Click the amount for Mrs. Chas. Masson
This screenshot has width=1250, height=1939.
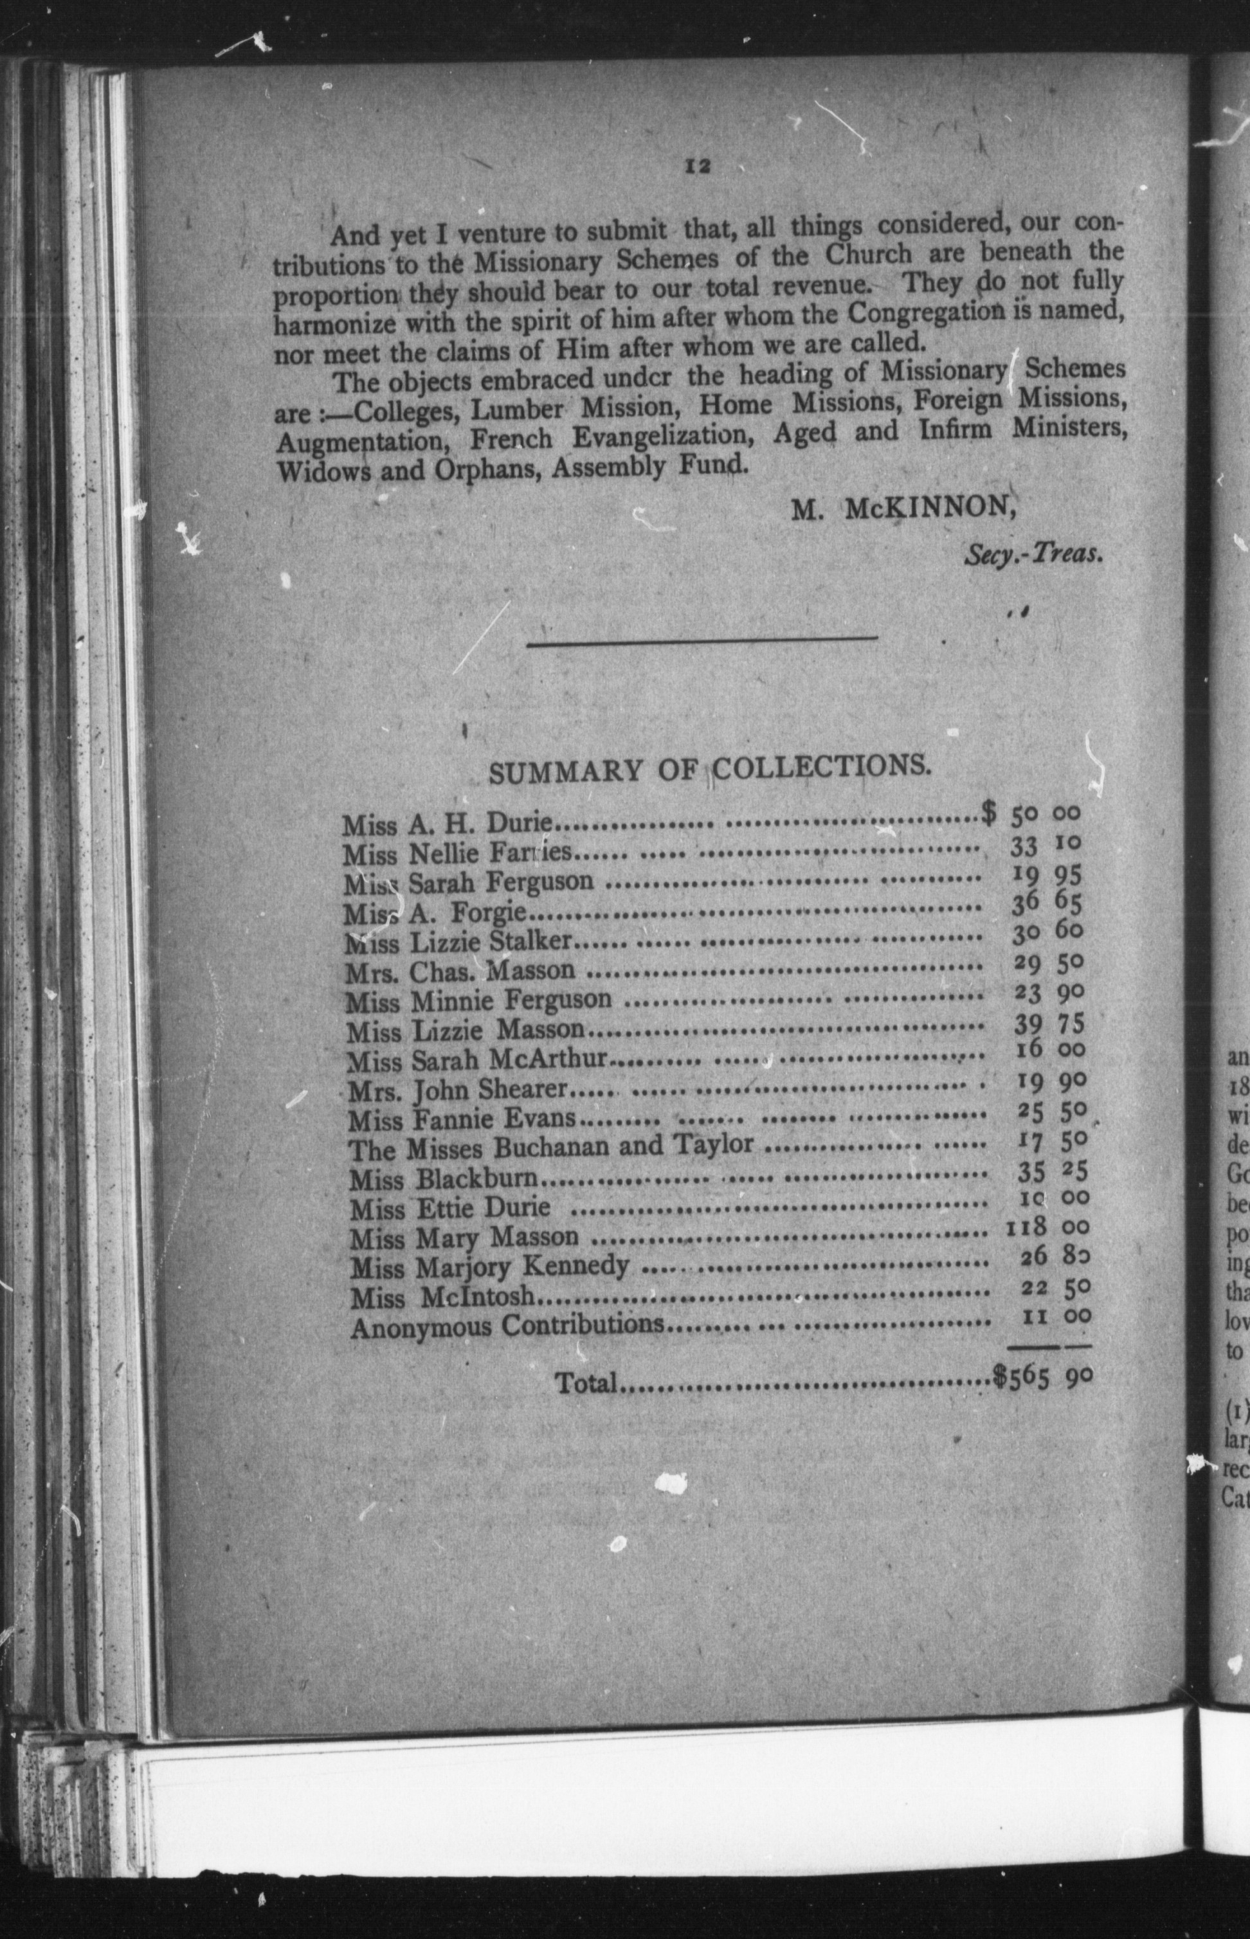1049,964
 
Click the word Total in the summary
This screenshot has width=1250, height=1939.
587,1382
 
